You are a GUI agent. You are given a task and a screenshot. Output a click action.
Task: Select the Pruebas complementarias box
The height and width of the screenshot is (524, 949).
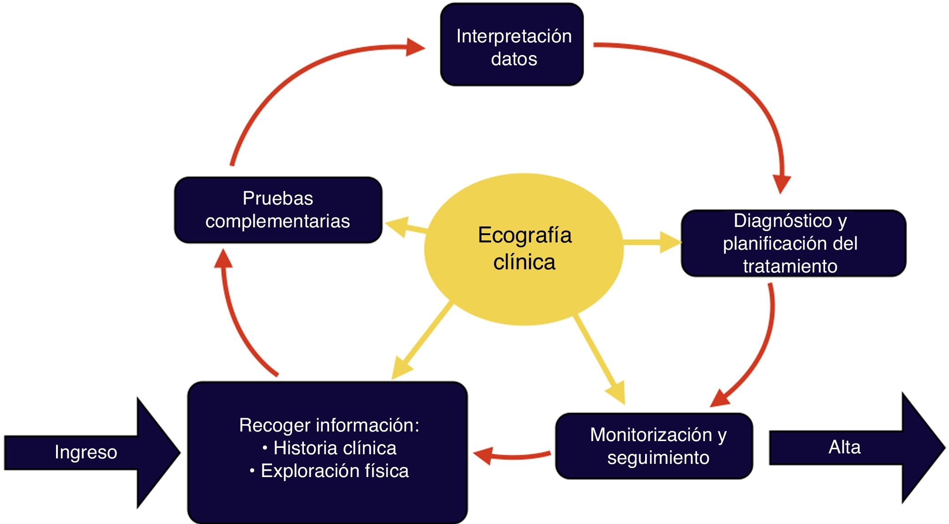click(x=278, y=210)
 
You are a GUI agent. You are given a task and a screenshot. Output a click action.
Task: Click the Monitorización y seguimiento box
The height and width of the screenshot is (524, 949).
click(x=654, y=446)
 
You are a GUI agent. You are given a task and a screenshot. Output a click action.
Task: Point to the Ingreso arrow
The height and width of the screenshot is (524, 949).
click(x=87, y=452)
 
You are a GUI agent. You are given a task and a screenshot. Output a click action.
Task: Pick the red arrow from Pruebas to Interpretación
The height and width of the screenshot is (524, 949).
click(x=292, y=77)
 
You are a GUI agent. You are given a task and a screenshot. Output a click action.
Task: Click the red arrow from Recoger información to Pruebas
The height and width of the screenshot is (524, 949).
click(x=237, y=319)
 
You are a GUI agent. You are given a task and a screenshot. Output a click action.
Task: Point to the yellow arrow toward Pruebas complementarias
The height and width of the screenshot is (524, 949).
click(x=405, y=226)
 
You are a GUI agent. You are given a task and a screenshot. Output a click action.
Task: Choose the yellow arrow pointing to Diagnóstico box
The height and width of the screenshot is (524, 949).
click(x=651, y=242)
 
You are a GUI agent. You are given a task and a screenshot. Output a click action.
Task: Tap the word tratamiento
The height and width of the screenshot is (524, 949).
click(x=790, y=266)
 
